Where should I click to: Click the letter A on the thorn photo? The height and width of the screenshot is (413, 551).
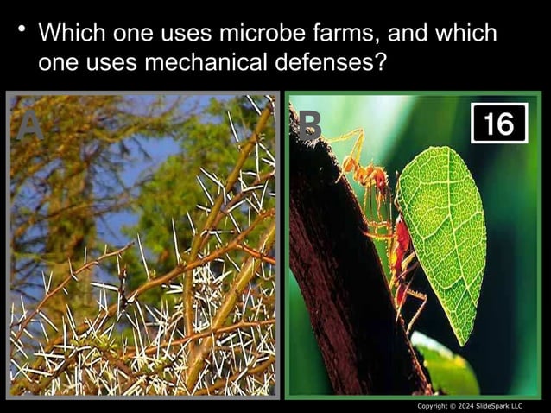[30, 126]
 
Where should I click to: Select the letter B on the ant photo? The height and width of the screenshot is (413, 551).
[308, 126]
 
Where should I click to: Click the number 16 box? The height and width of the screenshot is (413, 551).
[498, 124]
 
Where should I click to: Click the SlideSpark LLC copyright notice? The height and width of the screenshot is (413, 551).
[470, 406]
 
